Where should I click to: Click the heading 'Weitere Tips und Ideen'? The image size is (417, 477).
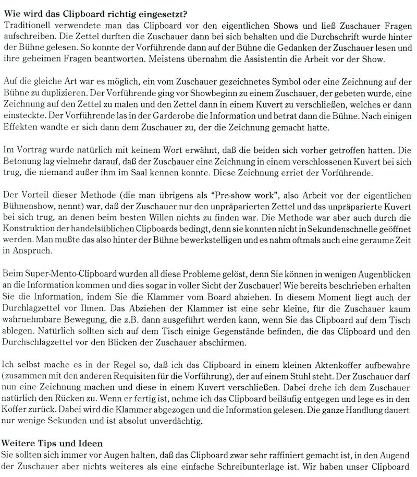click(x=50, y=443)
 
